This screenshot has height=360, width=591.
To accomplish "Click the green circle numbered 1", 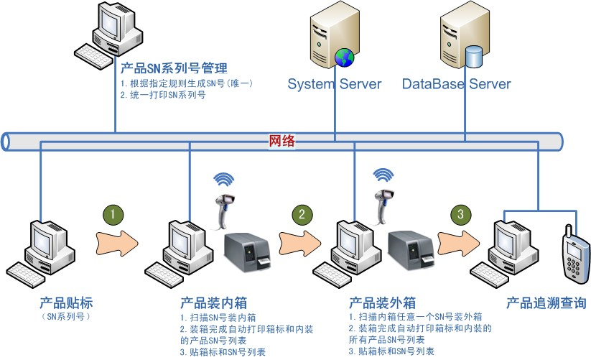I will click(113, 214).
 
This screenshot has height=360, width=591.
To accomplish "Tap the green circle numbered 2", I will click(302, 214).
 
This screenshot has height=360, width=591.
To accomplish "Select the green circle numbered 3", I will click(460, 214).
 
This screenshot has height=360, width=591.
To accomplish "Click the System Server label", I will click(335, 84).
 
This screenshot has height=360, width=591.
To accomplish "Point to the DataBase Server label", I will click(456, 84).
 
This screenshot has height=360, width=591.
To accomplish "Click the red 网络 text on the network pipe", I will click(282, 141).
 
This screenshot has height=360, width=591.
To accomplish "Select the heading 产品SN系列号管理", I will click(174, 69).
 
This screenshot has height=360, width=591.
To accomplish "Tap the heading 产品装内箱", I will click(213, 303).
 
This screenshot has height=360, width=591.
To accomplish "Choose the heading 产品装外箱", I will click(382, 303).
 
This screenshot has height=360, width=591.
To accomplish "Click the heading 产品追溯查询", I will click(546, 303).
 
